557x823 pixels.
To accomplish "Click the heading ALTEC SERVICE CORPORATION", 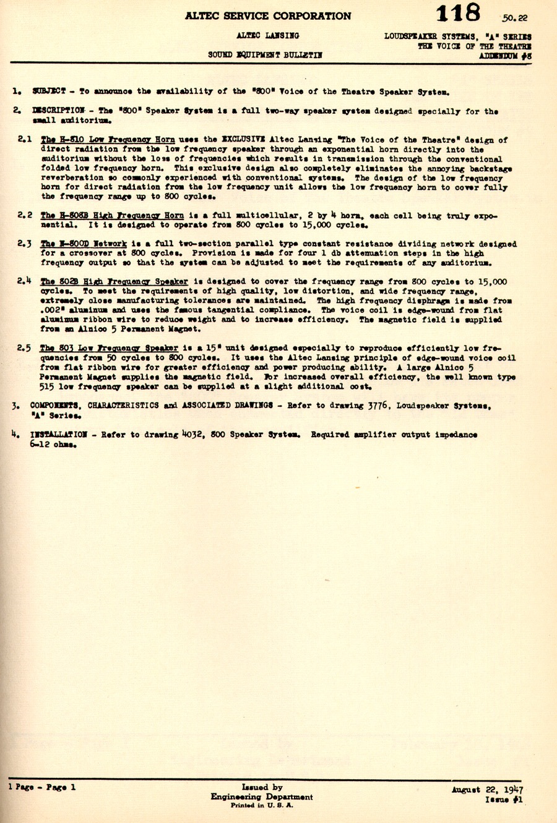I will point(267,16).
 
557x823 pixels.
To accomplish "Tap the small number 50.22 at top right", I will point(516,18).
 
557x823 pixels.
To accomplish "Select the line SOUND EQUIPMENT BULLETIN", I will point(265,55).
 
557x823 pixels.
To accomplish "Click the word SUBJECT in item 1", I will point(49,92).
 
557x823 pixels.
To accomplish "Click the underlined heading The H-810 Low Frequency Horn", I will point(108,140).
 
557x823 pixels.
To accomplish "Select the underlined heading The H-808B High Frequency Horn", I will point(112,215).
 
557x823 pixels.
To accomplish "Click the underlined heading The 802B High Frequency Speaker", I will point(114,281).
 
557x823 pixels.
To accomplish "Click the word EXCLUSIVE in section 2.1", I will point(244,140).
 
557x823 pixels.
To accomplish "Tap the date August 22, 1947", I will point(487,790).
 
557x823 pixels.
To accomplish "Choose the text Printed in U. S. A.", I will point(262,806).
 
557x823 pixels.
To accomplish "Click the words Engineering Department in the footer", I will point(262,796).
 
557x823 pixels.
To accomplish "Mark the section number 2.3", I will point(25,244).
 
